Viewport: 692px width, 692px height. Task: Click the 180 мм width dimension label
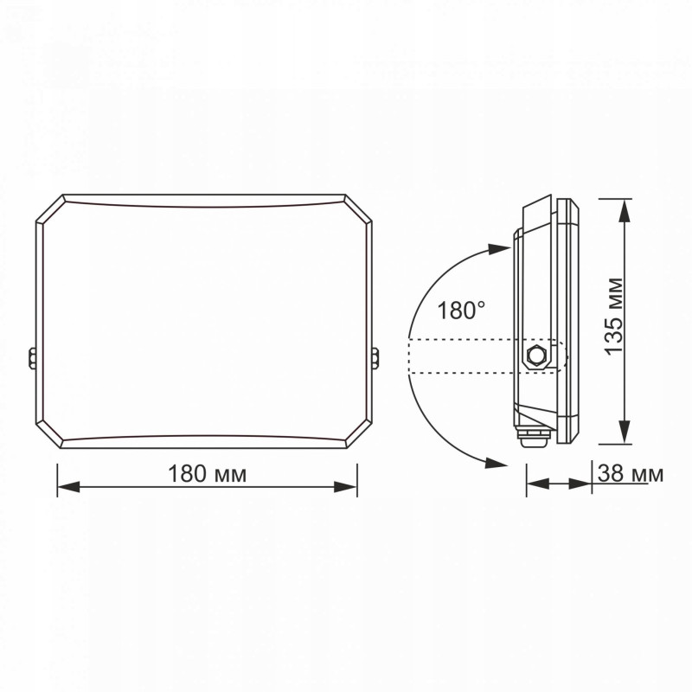tap(207, 474)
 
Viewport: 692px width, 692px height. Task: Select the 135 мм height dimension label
tap(613, 317)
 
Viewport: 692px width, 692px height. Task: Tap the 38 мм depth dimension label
tap(631, 474)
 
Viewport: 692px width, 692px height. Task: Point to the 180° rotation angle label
tap(461, 310)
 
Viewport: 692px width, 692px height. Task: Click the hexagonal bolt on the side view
tap(536, 355)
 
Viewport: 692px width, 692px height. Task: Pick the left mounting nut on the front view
tap(32, 357)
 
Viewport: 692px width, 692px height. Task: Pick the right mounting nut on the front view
tap(375, 357)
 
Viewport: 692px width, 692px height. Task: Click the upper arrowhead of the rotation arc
tap(500, 249)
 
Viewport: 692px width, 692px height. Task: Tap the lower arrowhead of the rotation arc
tap(496, 463)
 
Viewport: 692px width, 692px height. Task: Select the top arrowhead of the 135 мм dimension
tap(624, 210)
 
